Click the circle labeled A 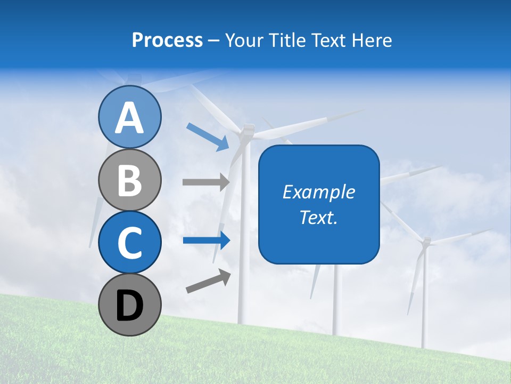coord(129,117)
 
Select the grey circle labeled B coord(129,180)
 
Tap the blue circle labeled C coord(129,242)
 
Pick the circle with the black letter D coord(129,305)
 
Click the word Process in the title coord(167,40)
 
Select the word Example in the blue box coord(319,192)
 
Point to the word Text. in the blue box coord(319,217)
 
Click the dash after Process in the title coord(213,41)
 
